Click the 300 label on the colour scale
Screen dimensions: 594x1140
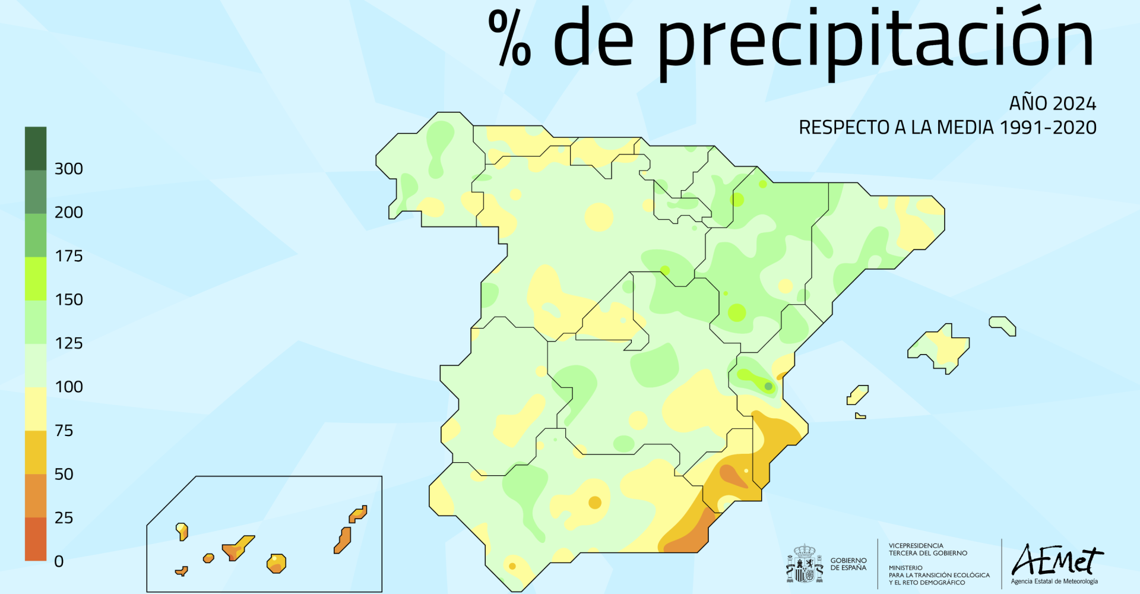click(x=69, y=169)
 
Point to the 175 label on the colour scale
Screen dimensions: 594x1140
click(x=69, y=256)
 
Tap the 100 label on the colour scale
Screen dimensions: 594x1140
click(x=69, y=387)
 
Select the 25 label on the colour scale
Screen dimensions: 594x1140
click(x=64, y=518)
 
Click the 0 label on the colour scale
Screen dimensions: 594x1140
click(x=59, y=561)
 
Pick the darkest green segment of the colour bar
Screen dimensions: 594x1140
click(x=36, y=148)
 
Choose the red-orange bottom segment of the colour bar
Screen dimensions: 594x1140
click(x=36, y=539)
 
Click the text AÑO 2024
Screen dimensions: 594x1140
click(x=1052, y=103)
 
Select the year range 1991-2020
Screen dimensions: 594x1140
click(x=1048, y=128)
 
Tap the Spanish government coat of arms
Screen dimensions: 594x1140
click(x=805, y=564)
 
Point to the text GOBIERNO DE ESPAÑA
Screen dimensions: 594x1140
click(x=848, y=564)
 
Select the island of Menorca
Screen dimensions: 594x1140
click(x=1002, y=324)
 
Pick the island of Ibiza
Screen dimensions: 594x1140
click(x=858, y=394)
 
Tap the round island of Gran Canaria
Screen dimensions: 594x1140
click(x=276, y=563)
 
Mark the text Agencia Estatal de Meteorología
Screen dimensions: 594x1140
click(x=1054, y=582)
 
